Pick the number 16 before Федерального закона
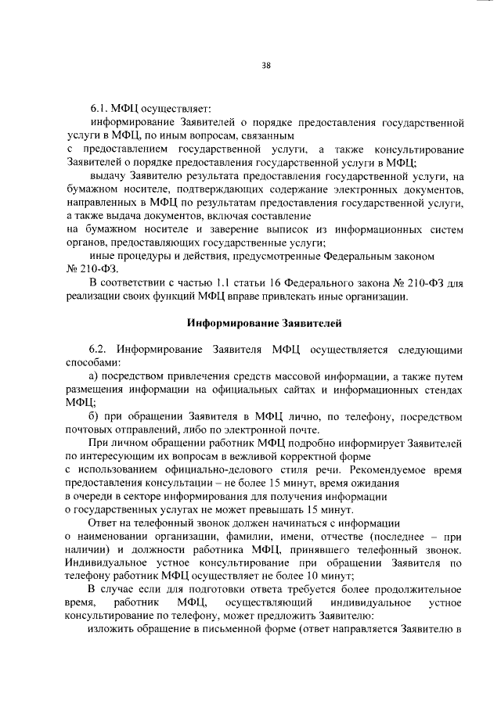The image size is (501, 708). [x=271, y=282]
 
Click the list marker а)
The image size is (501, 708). [x=94, y=376]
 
